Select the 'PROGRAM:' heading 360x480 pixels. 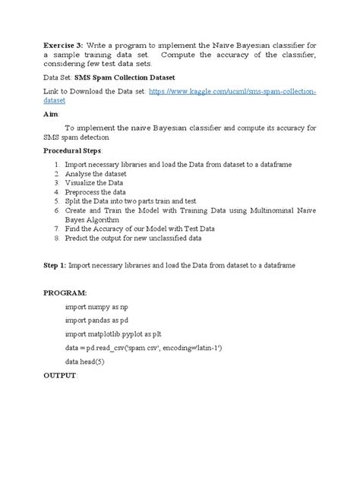pyautogui.click(x=64, y=292)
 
